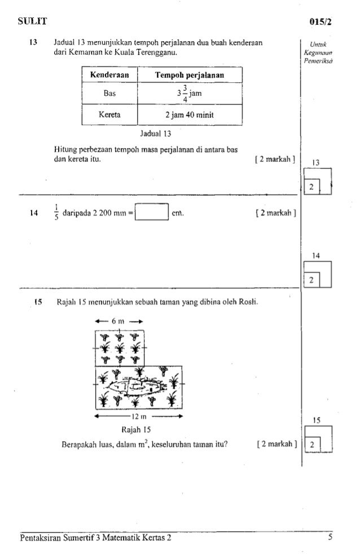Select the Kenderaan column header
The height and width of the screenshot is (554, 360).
point(110,74)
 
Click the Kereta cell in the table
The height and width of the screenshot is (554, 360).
point(110,116)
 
